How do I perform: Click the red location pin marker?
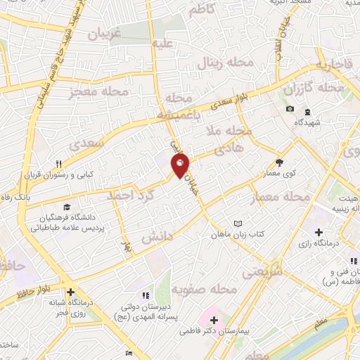point(180,165)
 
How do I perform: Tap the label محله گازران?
point(308,89)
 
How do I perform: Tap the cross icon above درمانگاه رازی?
point(319,232)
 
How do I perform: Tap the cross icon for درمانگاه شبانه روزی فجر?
point(70,292)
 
